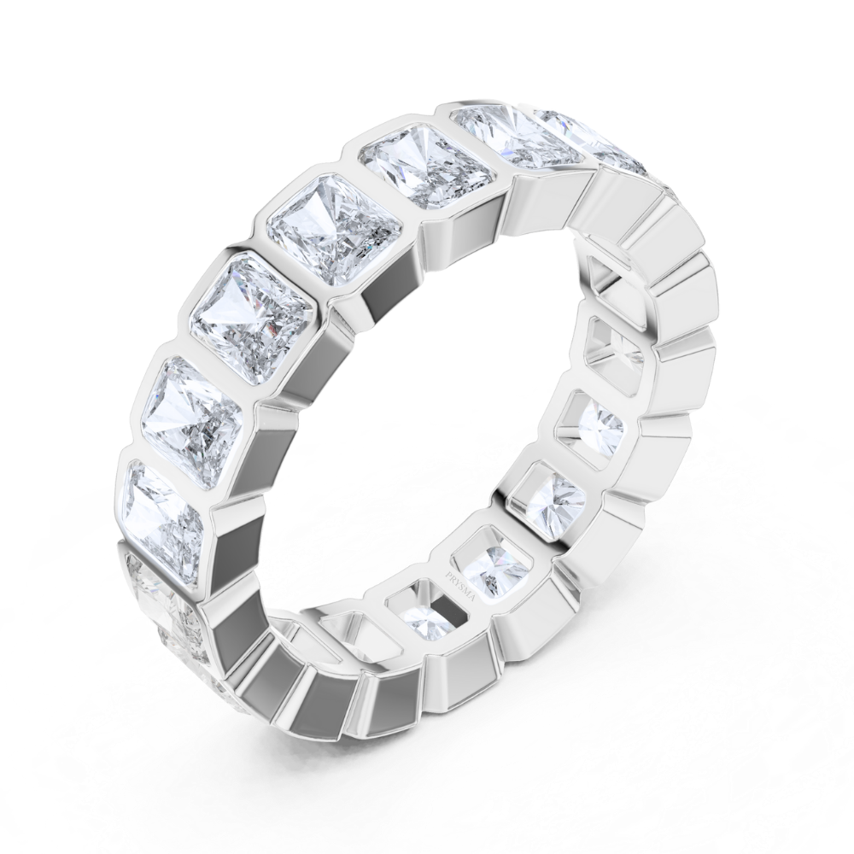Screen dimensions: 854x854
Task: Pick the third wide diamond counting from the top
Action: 333,231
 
